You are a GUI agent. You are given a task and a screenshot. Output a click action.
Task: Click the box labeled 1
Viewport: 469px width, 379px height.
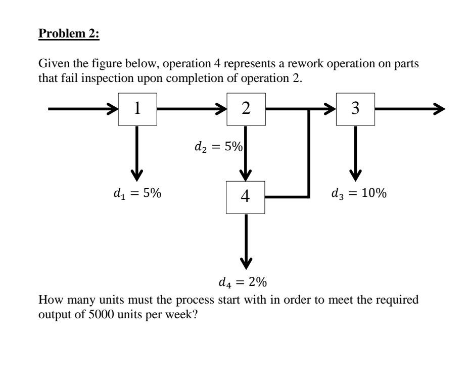point(137,109)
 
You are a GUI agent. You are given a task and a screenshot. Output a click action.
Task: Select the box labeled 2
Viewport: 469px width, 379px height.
point(246,109)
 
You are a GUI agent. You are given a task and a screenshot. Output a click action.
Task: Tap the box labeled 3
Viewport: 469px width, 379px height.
point(355,109)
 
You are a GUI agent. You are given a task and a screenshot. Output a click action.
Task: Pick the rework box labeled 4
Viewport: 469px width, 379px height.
point(246,196)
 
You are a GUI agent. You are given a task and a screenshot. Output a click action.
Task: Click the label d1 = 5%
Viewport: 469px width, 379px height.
point(137,194)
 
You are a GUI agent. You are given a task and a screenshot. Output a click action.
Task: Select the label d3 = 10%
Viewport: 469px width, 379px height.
point(359,194)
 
